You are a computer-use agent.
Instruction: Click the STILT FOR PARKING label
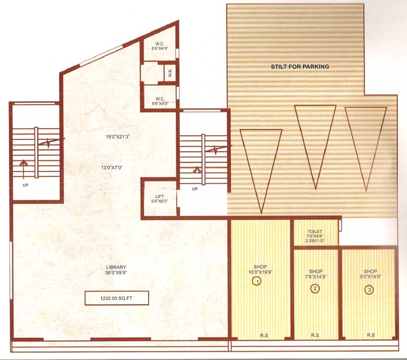pyautogui.click(x=300, y=67)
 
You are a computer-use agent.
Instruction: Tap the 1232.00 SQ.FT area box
pyautogui.click(x=117, y=298)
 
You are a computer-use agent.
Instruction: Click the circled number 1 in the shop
pyautogui.click(x=257, y=281)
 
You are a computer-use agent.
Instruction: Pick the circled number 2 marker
pyautogui.click(x=315, y=289)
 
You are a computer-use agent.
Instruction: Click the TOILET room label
pyautogui.click(x=315, y=231)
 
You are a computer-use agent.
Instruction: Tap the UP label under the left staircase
pyautogui.click(x=25, y=185)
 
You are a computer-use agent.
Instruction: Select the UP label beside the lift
pyautogui.click(x=195, y=188)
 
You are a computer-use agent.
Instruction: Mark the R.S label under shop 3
pyautogui.click(x=370, y=334)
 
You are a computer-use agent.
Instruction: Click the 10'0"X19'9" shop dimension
pyautogui.click(x=260, y=271)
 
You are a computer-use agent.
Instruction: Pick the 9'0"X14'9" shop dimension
pyautogui.click(x=371, y=277)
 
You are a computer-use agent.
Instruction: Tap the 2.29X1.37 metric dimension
pyautogui.click(x=315, y=242)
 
